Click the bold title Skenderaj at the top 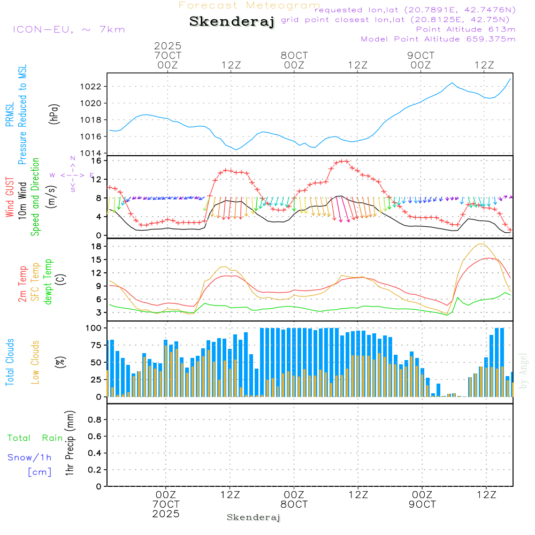[x=232, y=21]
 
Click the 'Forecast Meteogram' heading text [x=249, y=6]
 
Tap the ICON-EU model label [x=68, y=29]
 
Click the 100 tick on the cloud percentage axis [x=95, y=327]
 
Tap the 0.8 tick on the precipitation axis [x=95, y=420]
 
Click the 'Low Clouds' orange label [x=35, y=362]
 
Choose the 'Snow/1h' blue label [x=30, y=457]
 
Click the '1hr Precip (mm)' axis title [x=70, y=443]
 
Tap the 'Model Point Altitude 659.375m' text [x=438, y=39]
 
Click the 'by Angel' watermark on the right [x=524, y=371]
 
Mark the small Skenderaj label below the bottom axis [x=254, y=517]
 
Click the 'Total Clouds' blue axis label [x=10, y=362]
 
